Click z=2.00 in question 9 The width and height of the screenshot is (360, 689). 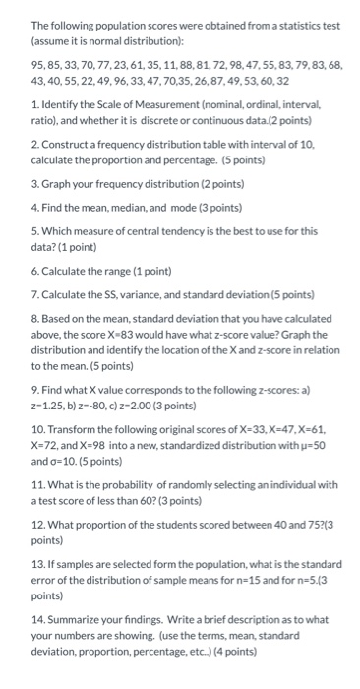point(140,404)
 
